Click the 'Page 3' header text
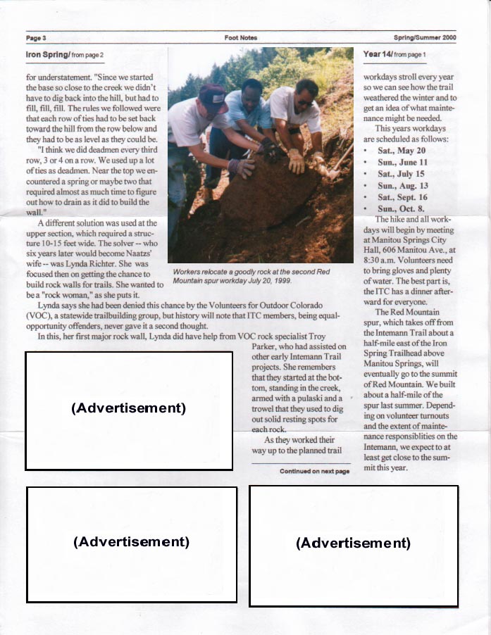[x=35, y=38]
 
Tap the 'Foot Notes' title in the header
[x=240, y=38]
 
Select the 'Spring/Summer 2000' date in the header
[x=425, y=38]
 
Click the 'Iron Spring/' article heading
[x=47, y=54]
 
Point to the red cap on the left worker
[x=212, y=94]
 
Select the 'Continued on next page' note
[x=314, y=471]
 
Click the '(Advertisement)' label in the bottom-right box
[x=353, y=543]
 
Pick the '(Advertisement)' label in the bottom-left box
[x=131, y=541]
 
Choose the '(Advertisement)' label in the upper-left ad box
[x=128, y=408]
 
